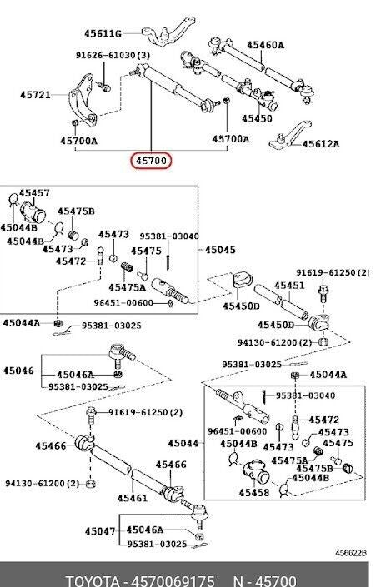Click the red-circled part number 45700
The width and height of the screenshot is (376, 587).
151,161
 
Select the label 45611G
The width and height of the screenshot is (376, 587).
103,34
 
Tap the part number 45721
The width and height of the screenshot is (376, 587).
35,95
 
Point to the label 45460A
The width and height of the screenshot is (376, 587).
265,45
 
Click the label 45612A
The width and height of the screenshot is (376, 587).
321,144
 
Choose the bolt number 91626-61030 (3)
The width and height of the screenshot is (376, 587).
113,56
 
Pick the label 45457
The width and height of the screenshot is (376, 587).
34,193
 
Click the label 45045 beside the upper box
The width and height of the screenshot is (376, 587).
220,250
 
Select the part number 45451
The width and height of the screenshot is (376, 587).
289,286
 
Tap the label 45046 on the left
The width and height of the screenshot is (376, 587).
18,371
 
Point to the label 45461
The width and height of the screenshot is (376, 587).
133,498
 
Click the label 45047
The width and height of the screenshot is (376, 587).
100,531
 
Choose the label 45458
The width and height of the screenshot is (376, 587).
254,493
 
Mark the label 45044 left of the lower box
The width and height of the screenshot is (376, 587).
183,444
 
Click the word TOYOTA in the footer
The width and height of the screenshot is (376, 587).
93,580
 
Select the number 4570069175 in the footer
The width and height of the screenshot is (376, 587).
173,580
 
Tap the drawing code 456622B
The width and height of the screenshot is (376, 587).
351,553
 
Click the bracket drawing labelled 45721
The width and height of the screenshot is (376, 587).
82,100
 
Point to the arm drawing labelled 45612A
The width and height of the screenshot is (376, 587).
290,134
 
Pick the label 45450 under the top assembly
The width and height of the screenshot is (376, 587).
257,119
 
